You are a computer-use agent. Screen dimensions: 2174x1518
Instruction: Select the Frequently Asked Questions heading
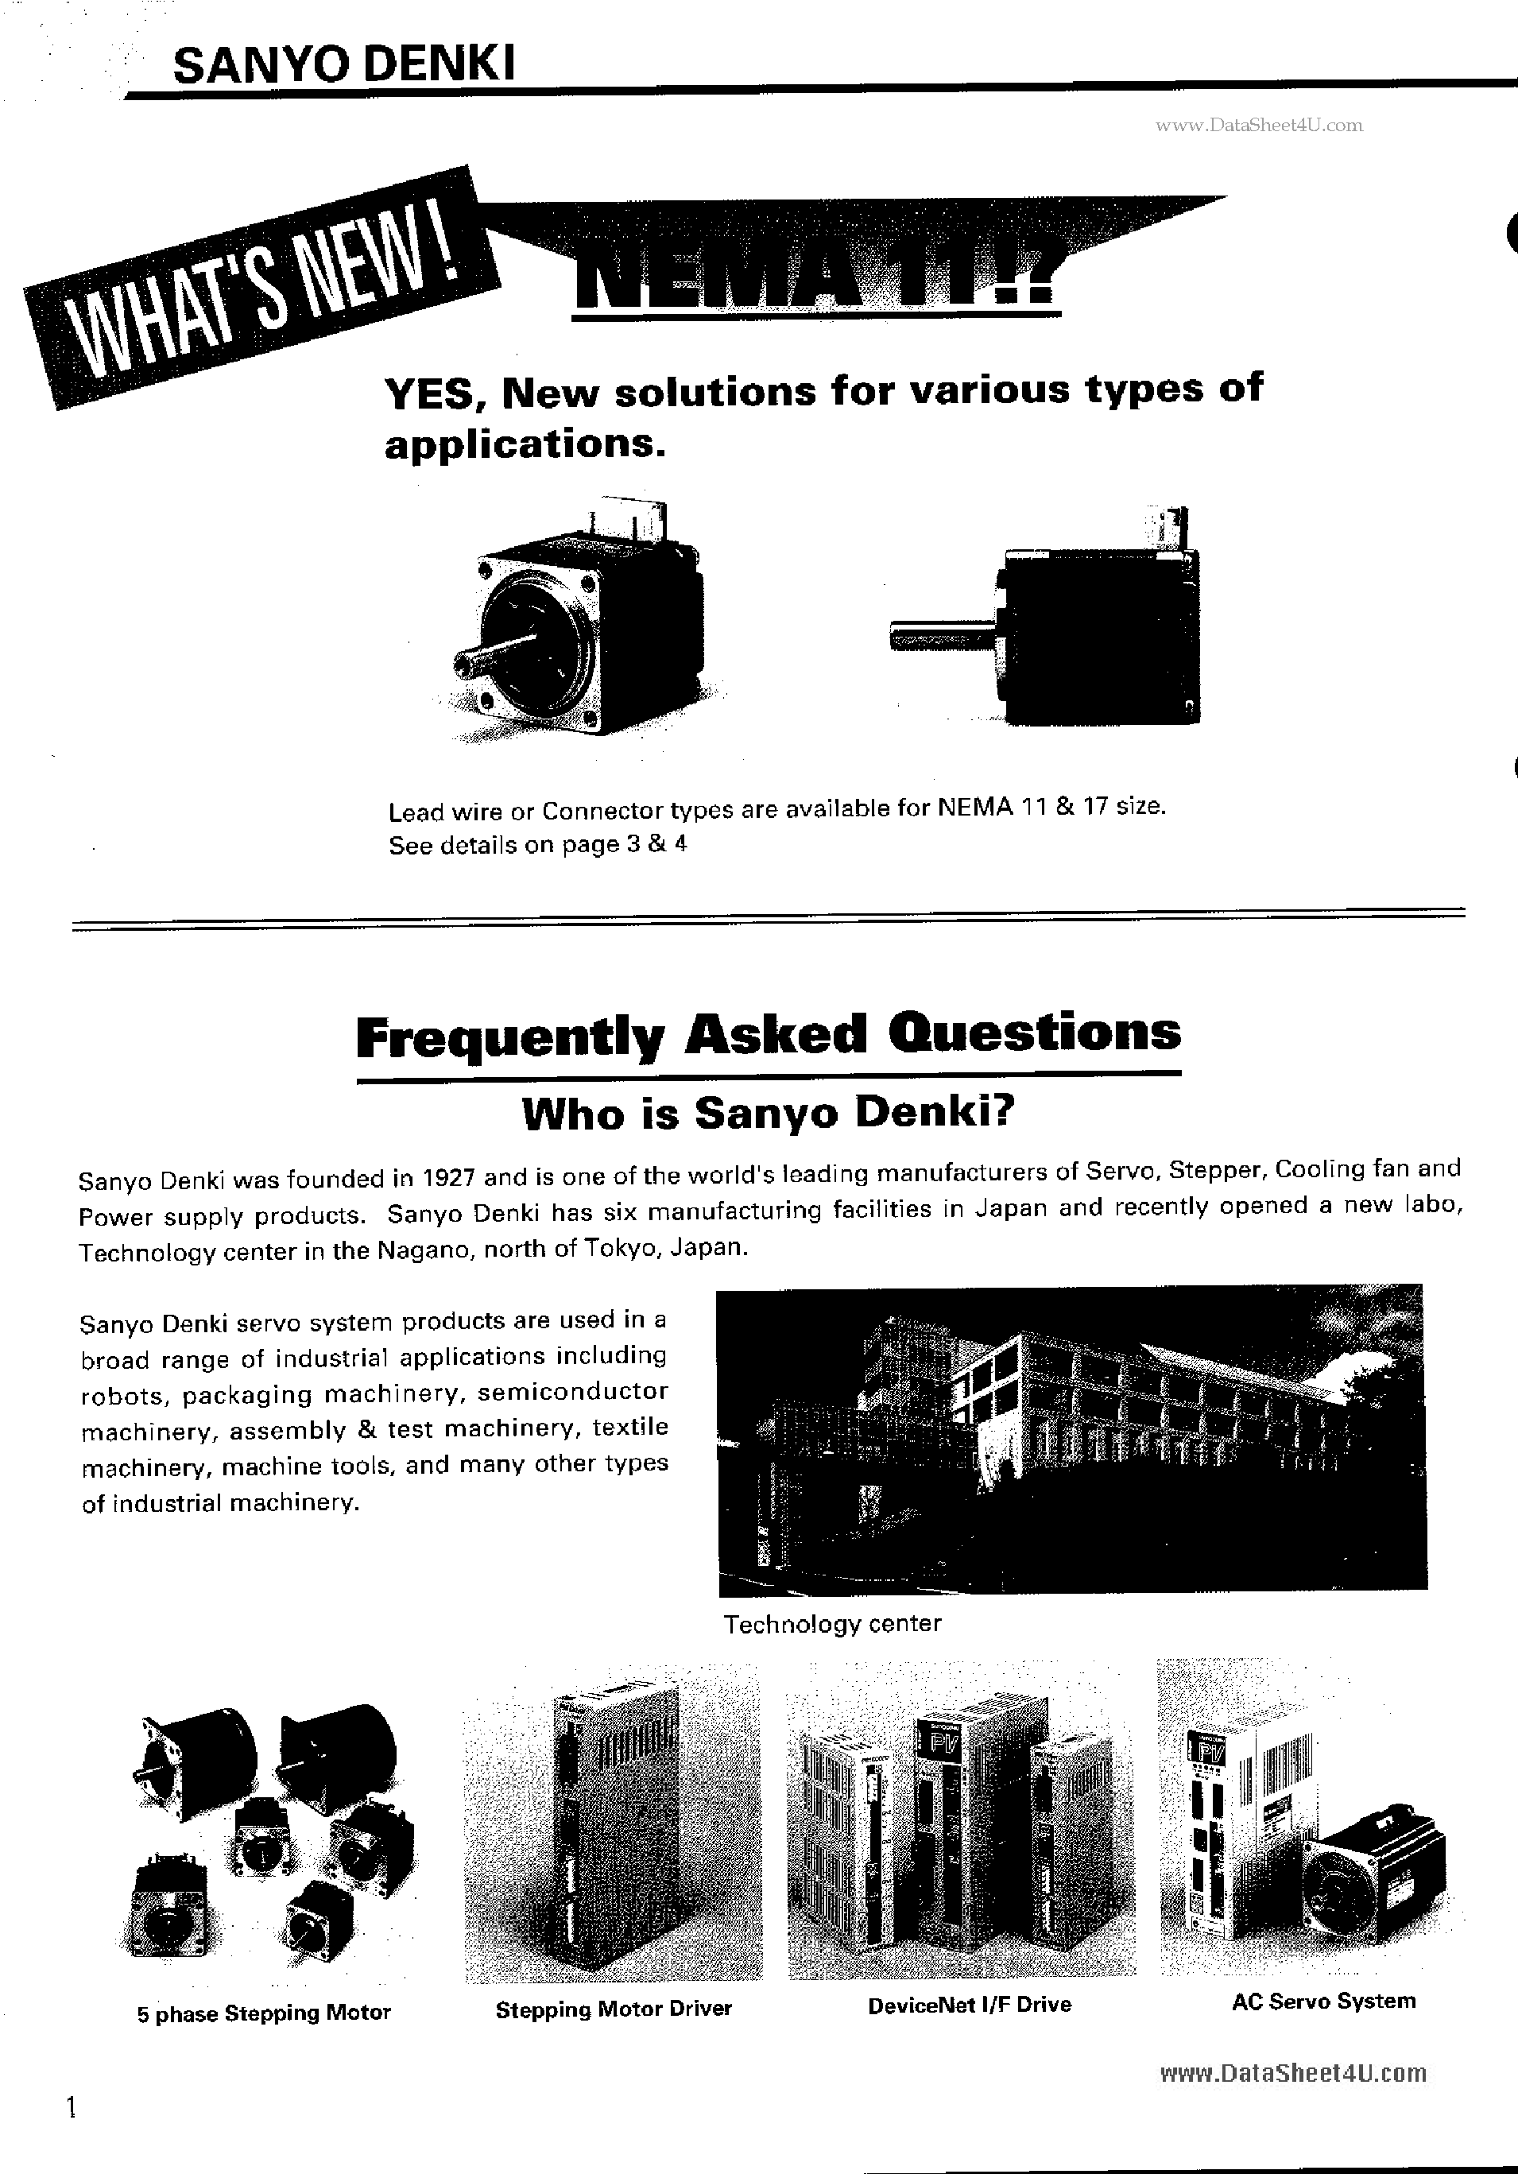(x=768, y=1034)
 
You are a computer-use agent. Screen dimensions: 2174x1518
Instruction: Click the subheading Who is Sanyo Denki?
(x=768, y=1114)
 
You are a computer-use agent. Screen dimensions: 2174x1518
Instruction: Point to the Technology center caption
(x=831, y=1625)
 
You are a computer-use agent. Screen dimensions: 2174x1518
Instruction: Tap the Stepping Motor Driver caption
(x=613, y=2009)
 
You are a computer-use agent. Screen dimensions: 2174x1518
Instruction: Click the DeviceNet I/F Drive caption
(x=969, y=2005)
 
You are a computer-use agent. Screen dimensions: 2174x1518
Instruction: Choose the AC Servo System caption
(x=1323, y=2002)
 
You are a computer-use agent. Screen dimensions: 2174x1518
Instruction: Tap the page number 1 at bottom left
(x=70, y=2108)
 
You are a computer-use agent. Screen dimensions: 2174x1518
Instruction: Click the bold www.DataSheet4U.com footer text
(x=1292, y=2074)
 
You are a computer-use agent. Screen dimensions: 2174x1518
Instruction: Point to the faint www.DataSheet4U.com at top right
(x=1259, y=125)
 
